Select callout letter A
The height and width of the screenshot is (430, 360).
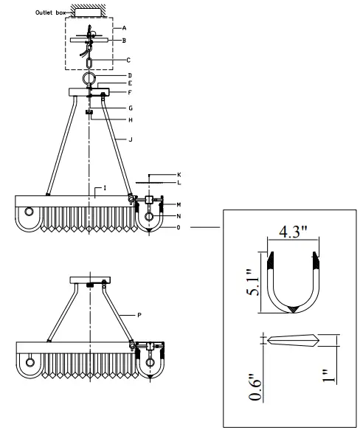[x=135, y=27]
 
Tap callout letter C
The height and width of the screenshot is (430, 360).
[x=128, y=59]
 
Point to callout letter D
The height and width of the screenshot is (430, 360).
[x=129, y=75]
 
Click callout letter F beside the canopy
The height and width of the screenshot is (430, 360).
[x=129, y=93]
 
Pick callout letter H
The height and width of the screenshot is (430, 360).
[x=129, y=119]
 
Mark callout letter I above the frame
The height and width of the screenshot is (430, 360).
[x=105, y=189]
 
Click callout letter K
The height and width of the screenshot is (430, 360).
[x=178, y=174]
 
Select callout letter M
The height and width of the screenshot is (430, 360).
[x=178, y=204]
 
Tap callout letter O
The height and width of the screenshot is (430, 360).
[x=178, y=228]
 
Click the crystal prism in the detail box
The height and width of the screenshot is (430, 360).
[x=293, y=340]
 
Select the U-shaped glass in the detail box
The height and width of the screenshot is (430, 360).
[x=293, y=284]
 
